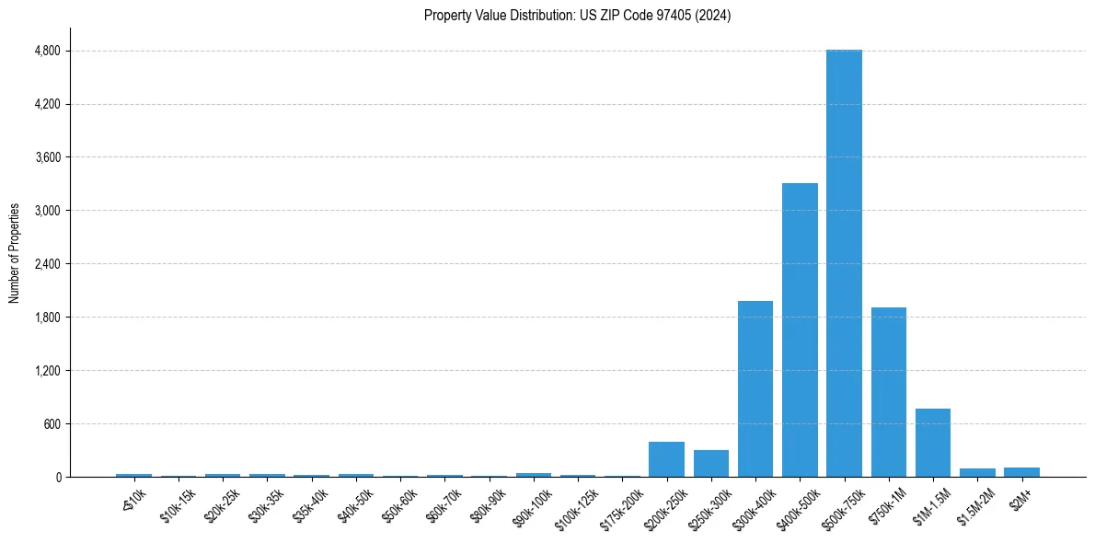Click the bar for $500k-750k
(844, 263)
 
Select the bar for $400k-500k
(800, 329)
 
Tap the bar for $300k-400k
(755, 388)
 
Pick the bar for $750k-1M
(889, 392)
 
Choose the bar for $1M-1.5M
(933, 443)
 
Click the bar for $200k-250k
(666, 459)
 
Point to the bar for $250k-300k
(711, 463)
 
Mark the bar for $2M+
(1021, 472)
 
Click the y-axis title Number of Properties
(14, 253)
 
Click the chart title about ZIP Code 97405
(577, 16)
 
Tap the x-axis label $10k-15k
(178, 504)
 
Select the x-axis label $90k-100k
(533, 506)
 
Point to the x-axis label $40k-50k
(355, 504)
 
